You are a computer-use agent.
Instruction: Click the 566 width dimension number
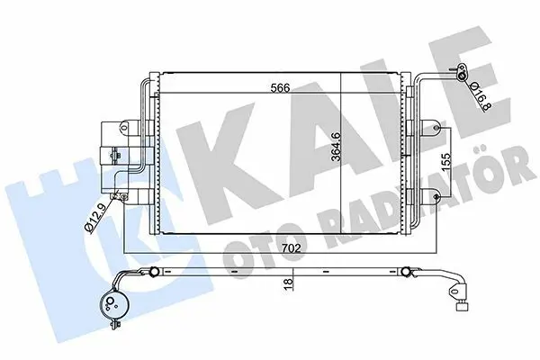click(x=280, y=88)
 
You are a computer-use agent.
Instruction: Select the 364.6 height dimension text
click(x=336, y=147)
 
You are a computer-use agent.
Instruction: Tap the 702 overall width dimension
click(x=291, y=248)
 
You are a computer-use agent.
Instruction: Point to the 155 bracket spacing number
click(x=445, y=162)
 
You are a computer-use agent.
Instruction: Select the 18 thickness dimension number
click(x=288, y=282)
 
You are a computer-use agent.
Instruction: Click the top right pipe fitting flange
click(x=461, y=73)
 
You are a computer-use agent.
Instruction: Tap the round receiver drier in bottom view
click(x=112, y=303)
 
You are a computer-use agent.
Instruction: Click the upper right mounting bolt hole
click(x=436, y=128)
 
